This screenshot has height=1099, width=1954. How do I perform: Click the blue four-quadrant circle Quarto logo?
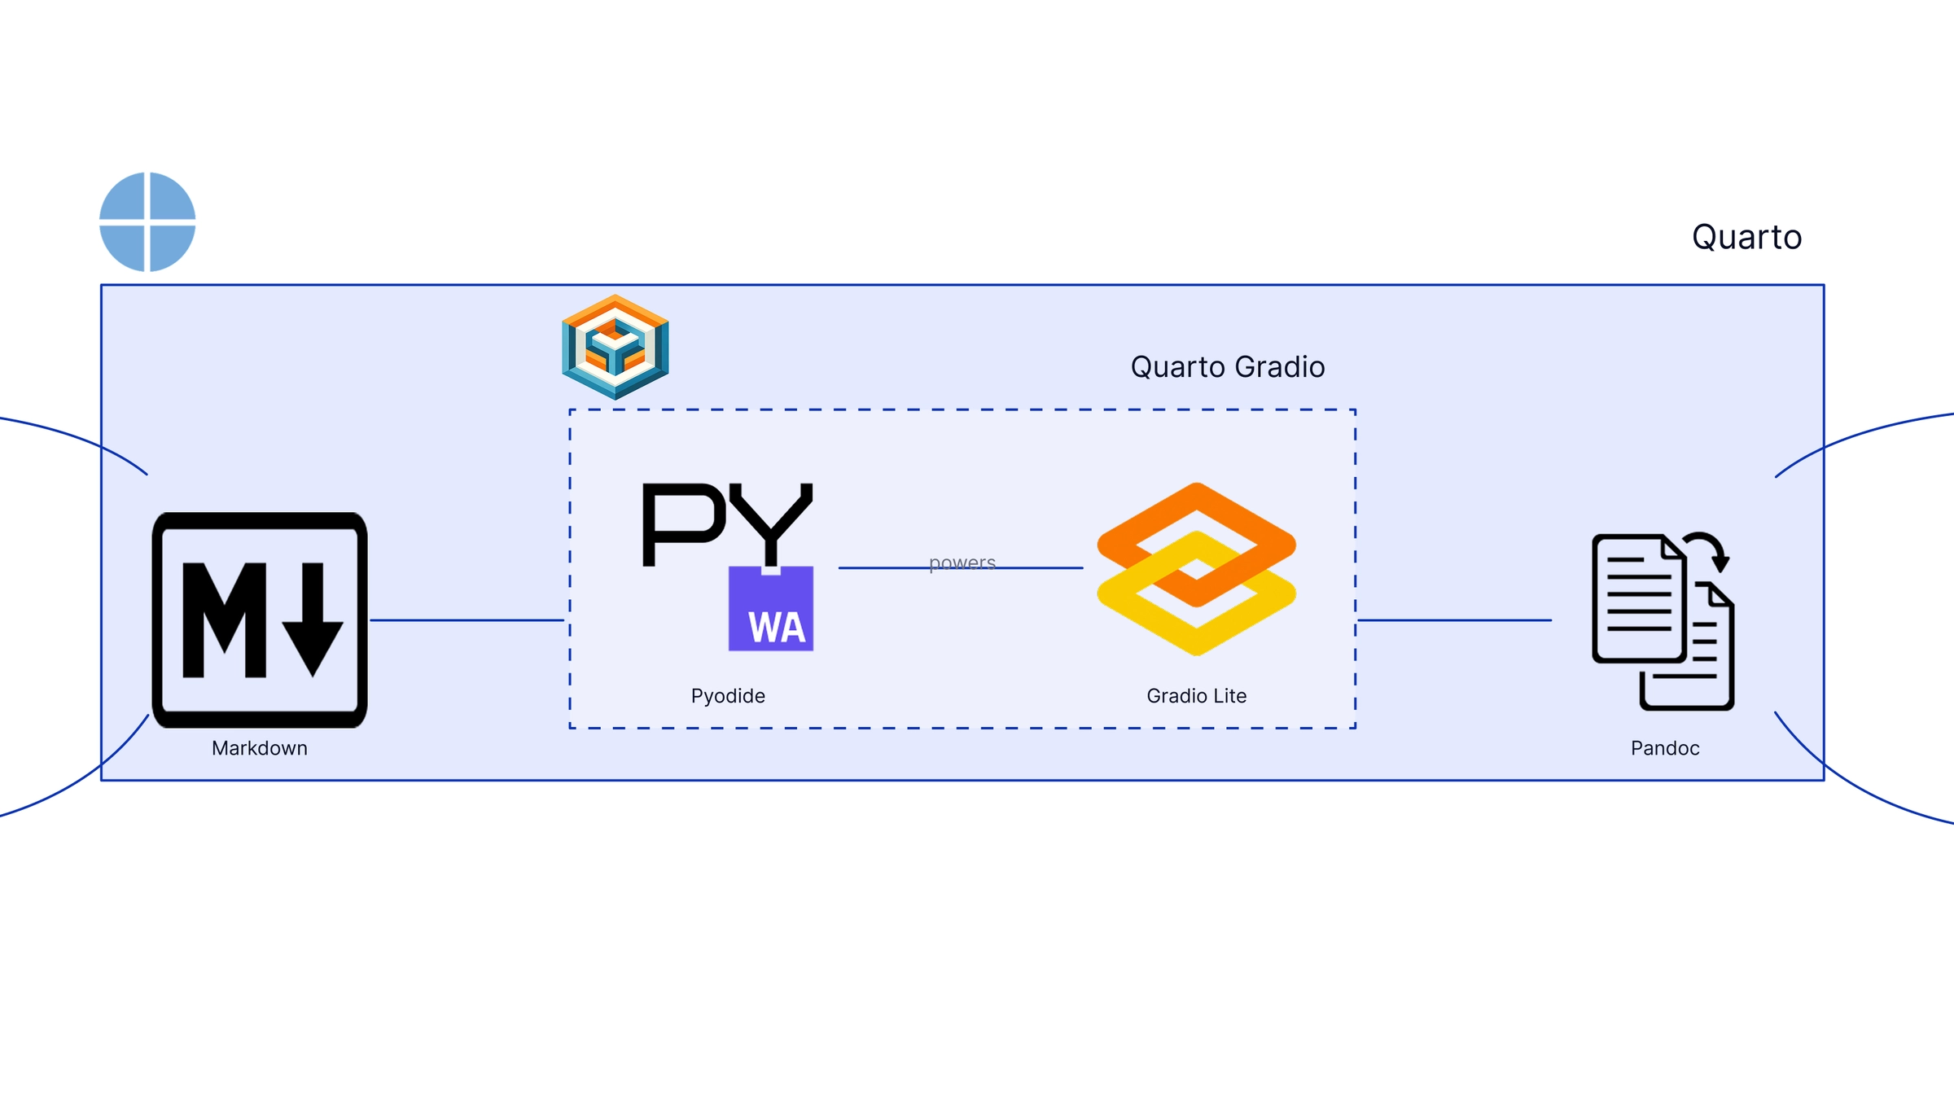point(147,221)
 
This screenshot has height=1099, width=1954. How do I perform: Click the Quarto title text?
point(1746,237)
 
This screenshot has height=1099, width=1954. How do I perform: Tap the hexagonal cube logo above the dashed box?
point(616,347)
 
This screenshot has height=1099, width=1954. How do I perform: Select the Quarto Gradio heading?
point(1228,367)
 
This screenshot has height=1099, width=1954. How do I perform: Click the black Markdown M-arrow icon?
point(260,620)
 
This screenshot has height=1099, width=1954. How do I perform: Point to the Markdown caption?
point(260,748)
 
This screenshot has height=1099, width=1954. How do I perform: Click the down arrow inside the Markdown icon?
point(313,620)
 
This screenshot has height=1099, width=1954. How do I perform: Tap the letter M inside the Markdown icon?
point(225,620)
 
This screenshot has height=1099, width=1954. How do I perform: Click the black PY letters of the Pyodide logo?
point(727,523)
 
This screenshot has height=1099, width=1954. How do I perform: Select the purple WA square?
point(771,609)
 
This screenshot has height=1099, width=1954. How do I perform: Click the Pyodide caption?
point(728,696)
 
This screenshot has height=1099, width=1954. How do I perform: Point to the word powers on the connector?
point(962,563)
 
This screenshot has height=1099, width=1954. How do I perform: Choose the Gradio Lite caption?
point(1197,696)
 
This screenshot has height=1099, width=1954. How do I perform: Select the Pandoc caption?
point(1665,748)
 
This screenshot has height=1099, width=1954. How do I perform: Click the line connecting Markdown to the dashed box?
point(467,620)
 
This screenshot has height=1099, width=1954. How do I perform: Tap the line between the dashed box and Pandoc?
point(1455,620)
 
